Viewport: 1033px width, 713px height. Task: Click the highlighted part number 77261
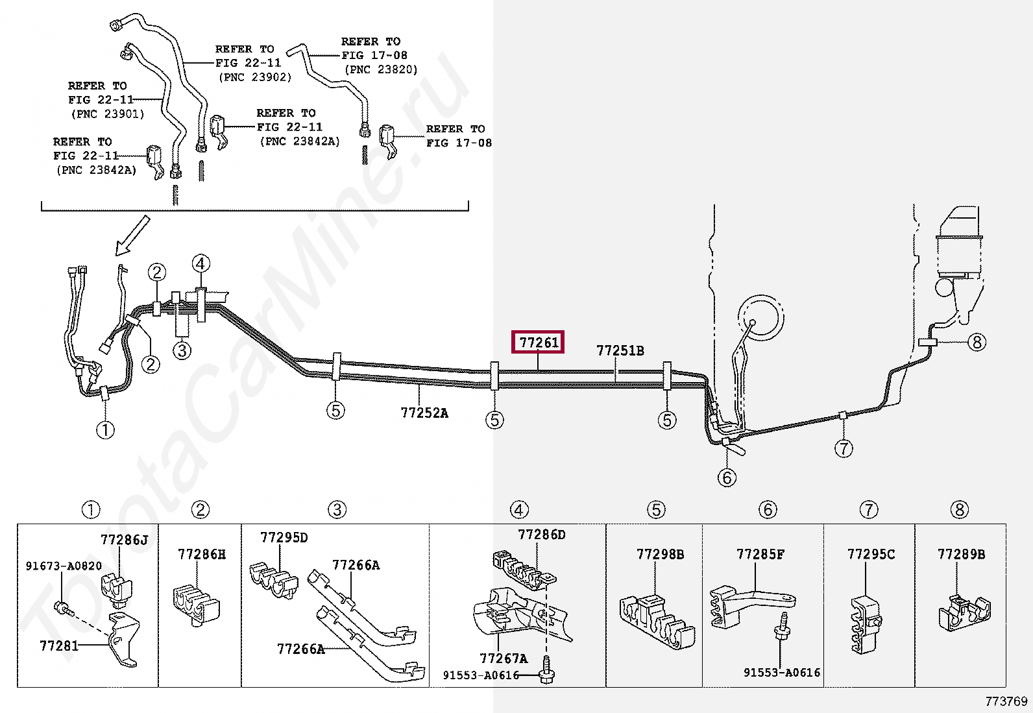pyautogui.click(x=539, y=342)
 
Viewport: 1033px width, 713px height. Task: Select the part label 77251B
pyautogui.click(x=620, y=351)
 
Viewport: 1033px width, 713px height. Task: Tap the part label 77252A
pyautogui.click(x=424, y=413)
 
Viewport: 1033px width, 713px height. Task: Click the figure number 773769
pyautogui.click(x=1006, y=701)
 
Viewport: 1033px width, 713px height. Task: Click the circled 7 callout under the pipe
pyautogui.click(x=843, y=448)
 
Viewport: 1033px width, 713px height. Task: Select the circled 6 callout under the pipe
pyautogui.click(x=727, y=477)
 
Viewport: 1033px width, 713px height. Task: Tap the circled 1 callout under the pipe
pyautogui.click(x=105, y=429)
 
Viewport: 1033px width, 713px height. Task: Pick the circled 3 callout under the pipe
pyautogui.click(x=182, y=350)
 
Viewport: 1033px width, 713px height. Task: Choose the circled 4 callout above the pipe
pyautogui.click(x=201, y=263)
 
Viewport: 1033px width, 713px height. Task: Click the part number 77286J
pyautogui.click(x=124, y=539)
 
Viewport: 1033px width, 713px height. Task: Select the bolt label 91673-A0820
pyautogui.click(x=64, y=566)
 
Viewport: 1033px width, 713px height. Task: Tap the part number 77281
pyautogui.click(x=59, y=646)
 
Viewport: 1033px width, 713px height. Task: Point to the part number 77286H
pyautogui.click(x=202, y=555)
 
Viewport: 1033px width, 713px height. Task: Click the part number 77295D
pyautogui.click(x=284, y=538)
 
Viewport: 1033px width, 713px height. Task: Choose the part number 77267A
pyautogui.click(x=504, y=659)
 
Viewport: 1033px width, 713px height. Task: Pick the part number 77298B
pyautogui.click(x=661, y=555)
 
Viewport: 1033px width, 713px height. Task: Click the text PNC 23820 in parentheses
pyautogui.click(x=381, y=69)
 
